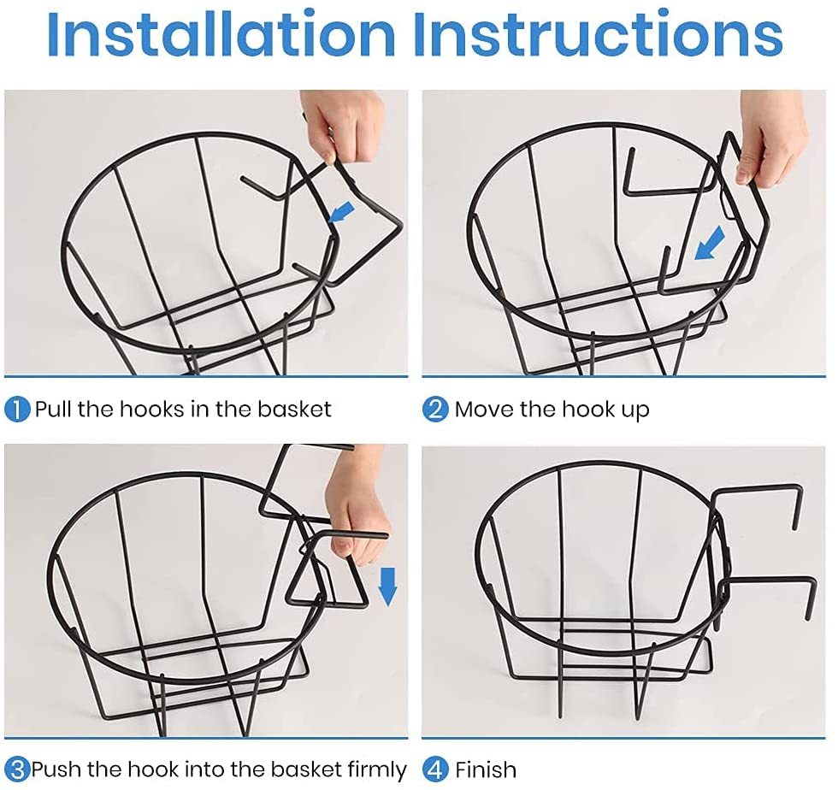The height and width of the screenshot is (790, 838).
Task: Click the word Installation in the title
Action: [x=221, y=34]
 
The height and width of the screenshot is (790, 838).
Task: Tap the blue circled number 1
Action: [x=17, y=410]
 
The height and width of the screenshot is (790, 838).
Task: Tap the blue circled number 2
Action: [x=435, y=410]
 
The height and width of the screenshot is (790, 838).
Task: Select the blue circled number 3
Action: [x=17, y=769]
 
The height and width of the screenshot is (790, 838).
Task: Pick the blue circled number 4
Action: [x=435, y=769]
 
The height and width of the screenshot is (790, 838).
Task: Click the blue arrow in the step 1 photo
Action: [x=341, y=212]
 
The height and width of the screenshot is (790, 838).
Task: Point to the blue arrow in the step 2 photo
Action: [x=710, y=243]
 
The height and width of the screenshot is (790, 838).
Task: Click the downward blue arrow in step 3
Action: [x=387, y=587]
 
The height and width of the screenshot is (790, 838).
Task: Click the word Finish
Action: [x=486, y=770]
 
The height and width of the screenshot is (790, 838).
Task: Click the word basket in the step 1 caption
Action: [x=294, y=410]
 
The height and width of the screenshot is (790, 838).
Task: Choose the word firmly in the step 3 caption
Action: [x=377, y=770]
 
